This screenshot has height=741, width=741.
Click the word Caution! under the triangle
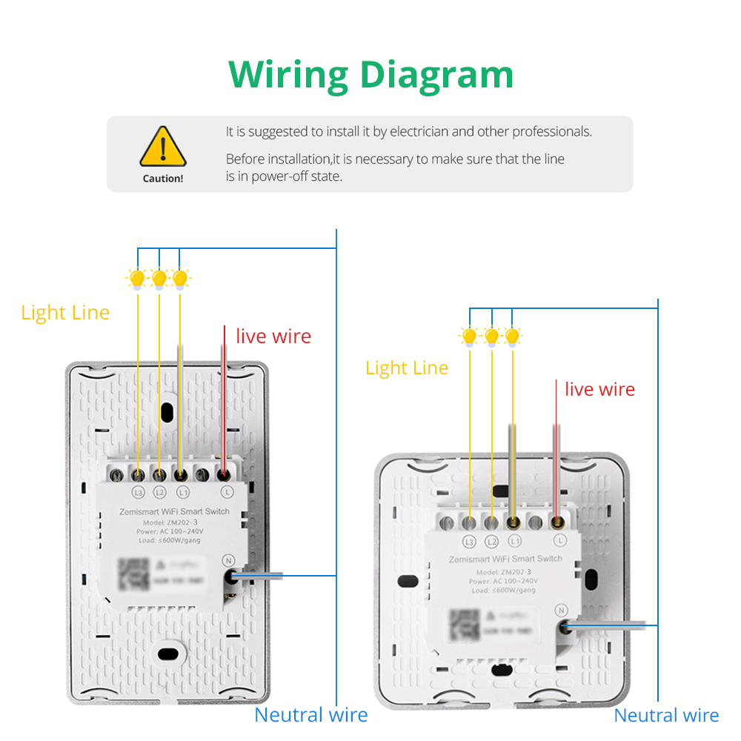click(x=163, y=179)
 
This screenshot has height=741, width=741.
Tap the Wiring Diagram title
click(x=370, y=74)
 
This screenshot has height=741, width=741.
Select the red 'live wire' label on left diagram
click(x=273, y=336)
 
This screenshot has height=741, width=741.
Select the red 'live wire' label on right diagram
click(x=599, y=390)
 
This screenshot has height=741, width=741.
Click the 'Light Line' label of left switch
click(x=65, y=313)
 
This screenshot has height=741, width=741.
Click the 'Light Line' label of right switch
click(x=407, y=368)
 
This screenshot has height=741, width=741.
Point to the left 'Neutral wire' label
click(x=310, y=715)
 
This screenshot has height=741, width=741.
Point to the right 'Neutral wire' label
click(x=666, y=715)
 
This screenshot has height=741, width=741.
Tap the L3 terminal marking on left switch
click(x=138, y=492)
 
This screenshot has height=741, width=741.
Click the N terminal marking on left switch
click(x=229, y=561)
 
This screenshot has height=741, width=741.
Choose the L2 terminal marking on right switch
click(x=491, y=542)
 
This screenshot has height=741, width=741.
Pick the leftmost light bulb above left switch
click(x=137, y=279)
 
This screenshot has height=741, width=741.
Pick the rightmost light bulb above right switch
click(x=512, y=336)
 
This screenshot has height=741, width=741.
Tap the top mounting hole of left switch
click(x=167, y=410)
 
